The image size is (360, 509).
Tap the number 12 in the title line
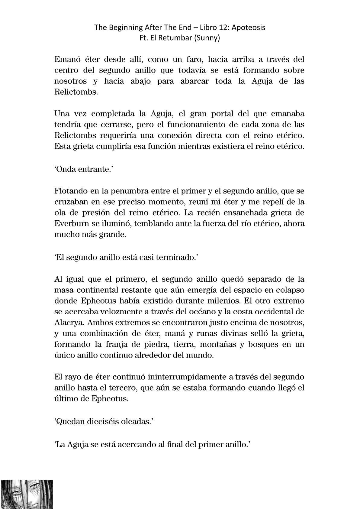coord(219,28)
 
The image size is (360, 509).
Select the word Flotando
coord(70,191)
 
